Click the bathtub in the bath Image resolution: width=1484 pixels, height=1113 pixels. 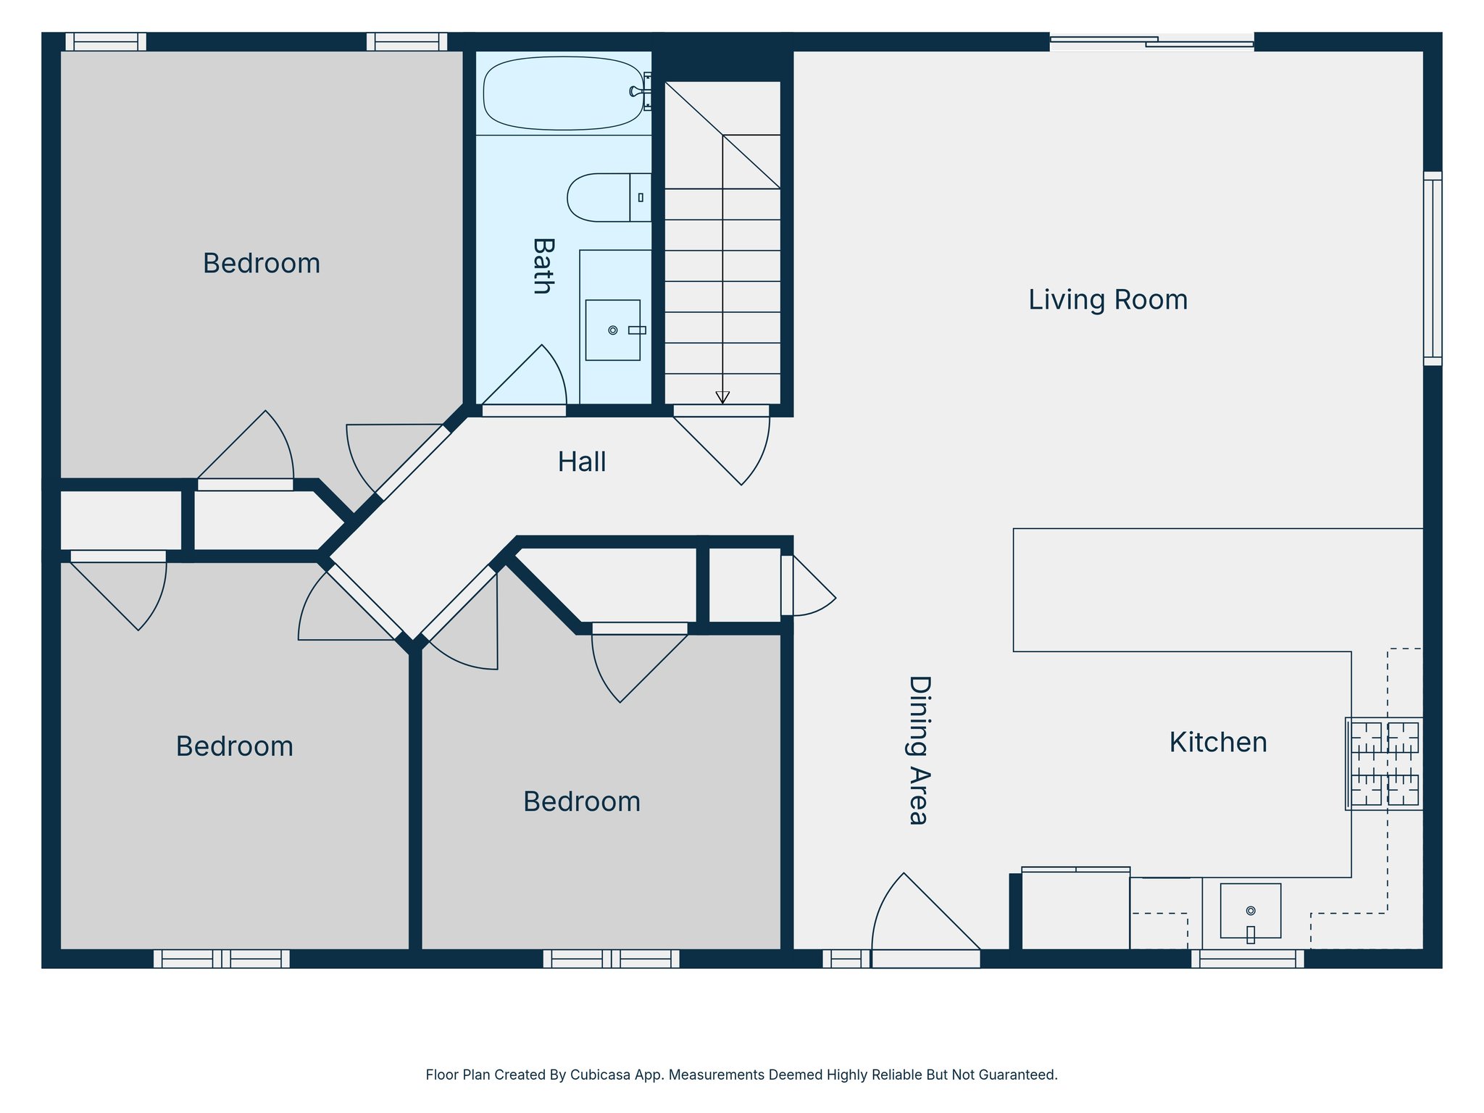(564, 93)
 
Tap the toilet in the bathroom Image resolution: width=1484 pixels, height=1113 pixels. (600, 197)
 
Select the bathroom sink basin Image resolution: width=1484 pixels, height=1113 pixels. (612, 330)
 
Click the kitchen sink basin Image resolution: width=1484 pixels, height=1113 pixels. (1250, 910)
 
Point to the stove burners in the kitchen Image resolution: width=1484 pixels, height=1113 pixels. (1384, 764)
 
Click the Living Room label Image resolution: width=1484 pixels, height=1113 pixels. (1107, 300)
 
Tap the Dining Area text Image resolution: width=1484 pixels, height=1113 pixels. (919, 750)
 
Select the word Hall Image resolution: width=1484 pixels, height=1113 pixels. (581, 462)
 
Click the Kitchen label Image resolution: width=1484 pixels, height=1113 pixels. (1217, 743)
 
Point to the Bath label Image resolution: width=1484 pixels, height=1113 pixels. (543, 266)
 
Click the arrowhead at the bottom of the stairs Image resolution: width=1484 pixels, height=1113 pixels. (722, 397)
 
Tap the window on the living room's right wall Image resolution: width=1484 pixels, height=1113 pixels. (1432, 268)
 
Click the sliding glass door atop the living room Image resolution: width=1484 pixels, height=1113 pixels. (1151, 42)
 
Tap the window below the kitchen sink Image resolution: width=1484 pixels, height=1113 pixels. (1247, 959)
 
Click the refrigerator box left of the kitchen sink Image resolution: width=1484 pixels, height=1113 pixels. (1075, 910)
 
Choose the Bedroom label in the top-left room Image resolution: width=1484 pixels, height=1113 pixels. (261, 264)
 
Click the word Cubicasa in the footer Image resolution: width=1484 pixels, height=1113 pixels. (599, 1075)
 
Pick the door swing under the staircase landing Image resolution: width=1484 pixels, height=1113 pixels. (732, 446)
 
